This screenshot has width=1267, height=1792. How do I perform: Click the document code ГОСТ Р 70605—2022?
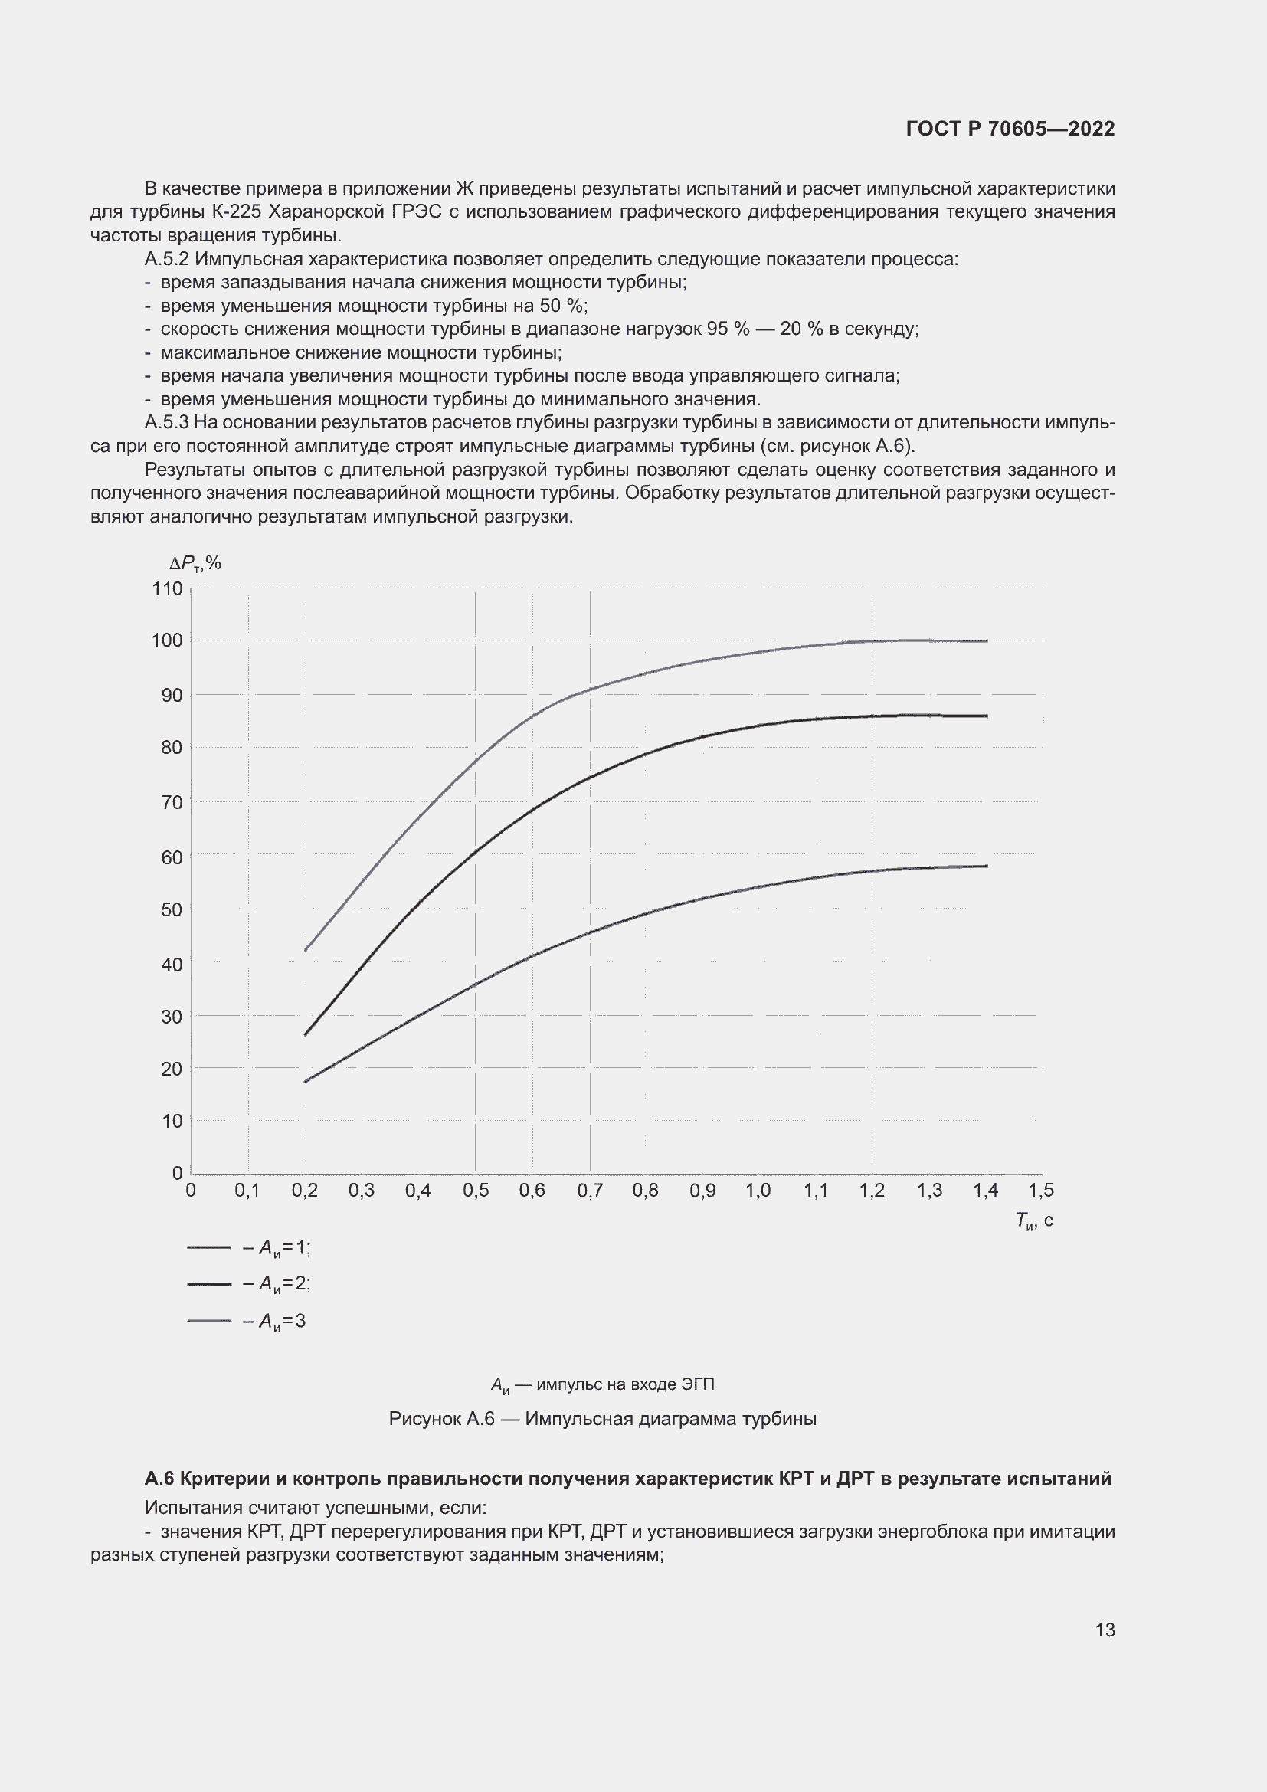[x=1010, y=129]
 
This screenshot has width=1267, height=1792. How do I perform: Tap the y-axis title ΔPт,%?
[x=195, y=563]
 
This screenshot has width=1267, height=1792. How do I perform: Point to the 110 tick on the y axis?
[x=168, y=588]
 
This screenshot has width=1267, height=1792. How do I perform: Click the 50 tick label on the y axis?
[x=172, y=909]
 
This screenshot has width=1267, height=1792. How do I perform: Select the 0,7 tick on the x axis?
[x=590, y=1191]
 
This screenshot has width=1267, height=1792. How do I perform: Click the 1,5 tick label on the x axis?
[x=1041, y=1191]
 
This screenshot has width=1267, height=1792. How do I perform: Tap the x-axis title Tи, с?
[x=1033, y=1220]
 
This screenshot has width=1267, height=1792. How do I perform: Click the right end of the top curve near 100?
[x=986, y=640]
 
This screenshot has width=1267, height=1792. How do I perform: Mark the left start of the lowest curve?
[x=306, y=1081]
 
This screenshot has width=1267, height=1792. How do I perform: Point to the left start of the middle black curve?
[x=306, y=1035]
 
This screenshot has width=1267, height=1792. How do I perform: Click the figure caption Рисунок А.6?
[x=602, y=1419]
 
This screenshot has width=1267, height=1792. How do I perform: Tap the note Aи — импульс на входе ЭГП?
[x=602, y=1384]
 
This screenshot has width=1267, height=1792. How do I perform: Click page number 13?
[x=1105, y=1630]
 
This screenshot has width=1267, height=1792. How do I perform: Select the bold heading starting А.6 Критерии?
[x=627, y=1479]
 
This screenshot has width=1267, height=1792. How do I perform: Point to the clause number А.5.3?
[x=166, y=423]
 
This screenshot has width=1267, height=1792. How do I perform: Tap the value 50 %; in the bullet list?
[x=564, y=306]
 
